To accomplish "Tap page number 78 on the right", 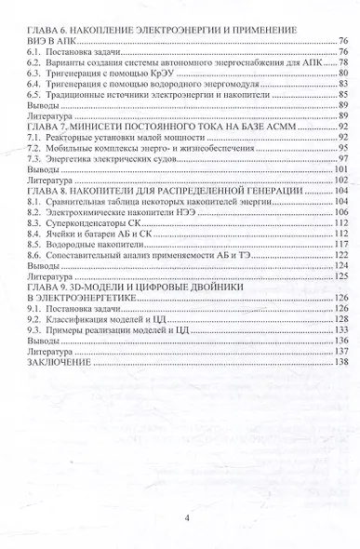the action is coord(342,62).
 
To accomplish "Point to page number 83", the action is coord(342,83).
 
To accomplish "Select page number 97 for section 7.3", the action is coord(342,158).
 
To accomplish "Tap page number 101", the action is coord(340,169).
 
